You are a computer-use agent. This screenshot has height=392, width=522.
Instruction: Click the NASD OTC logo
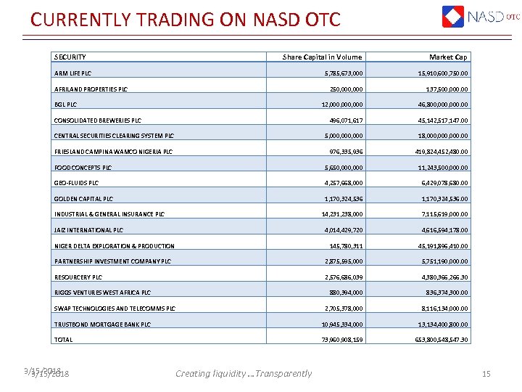(x=480, y=17)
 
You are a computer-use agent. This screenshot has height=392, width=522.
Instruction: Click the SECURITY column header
(x=70, y=57)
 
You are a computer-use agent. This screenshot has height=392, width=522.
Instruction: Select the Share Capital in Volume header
(x=322, y=57)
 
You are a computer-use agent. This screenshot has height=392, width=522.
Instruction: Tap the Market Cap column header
(x=448, y=57)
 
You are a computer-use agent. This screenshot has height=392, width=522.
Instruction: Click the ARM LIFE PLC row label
(x=72, y=73)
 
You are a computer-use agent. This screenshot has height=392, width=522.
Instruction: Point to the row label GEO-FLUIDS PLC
(x=76, y=183)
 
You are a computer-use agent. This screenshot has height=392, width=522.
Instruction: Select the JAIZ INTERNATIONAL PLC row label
(x=88, y=230)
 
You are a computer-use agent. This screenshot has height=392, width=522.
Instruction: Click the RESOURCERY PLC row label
(x=78, y=277)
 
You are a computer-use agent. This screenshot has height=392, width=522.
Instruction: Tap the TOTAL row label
(x=63, y=340)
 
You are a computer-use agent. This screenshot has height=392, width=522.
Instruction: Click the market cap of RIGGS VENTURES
(x=441, y=293)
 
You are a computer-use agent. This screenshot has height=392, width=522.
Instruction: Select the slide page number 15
(x=486, y=374)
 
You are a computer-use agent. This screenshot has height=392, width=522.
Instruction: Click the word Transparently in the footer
(x=283, y=374)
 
